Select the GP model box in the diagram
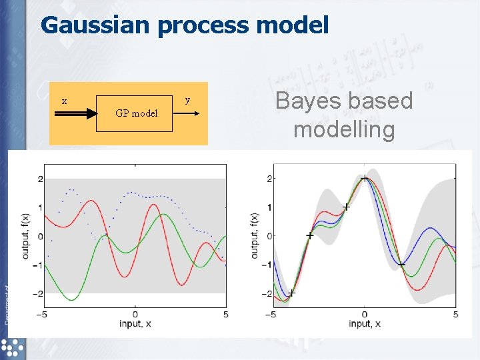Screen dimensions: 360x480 (136, 113)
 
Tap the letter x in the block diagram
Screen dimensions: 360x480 (64, 101)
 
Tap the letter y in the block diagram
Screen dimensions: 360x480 (187, 100)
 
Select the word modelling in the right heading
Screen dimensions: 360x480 (344, 129)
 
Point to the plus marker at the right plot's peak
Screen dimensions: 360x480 (365, 178)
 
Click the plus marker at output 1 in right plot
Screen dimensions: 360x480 (346, 207)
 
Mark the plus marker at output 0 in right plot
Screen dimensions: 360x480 (310, 236)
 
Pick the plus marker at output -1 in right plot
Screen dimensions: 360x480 (401, 265)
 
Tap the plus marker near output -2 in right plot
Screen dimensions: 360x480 (291, 293)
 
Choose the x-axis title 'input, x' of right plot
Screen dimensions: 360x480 (364, 324)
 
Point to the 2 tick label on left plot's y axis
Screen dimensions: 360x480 (40, 179)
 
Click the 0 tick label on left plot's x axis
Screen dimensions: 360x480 (135, 314)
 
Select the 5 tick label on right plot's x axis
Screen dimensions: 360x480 (455, 314)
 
